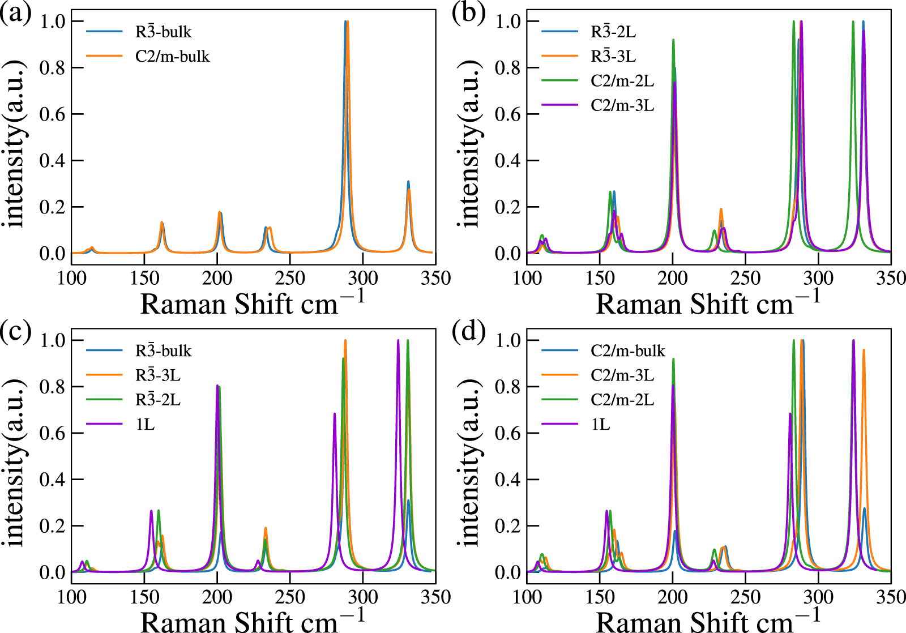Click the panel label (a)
click(15, 12)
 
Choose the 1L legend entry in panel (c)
click(145, 424)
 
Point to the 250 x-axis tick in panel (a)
click(290, 278)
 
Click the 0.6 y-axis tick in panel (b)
click(508, 114)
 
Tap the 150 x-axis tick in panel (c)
click(144, 597)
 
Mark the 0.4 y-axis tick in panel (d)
click(508, 479)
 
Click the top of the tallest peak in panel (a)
click(346, 22)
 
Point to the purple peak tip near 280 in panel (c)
click(335, 413)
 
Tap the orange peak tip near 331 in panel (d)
click(864, 349)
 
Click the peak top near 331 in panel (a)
click(408, 182)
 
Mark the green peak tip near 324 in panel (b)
click(853, 22)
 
